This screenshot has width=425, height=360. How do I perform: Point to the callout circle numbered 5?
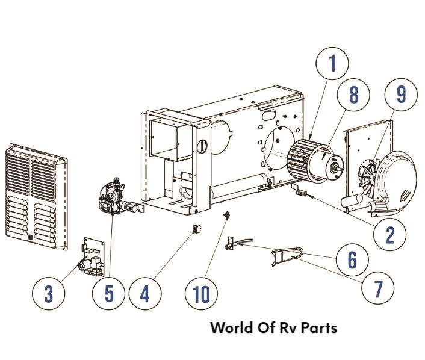pos(109,294)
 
